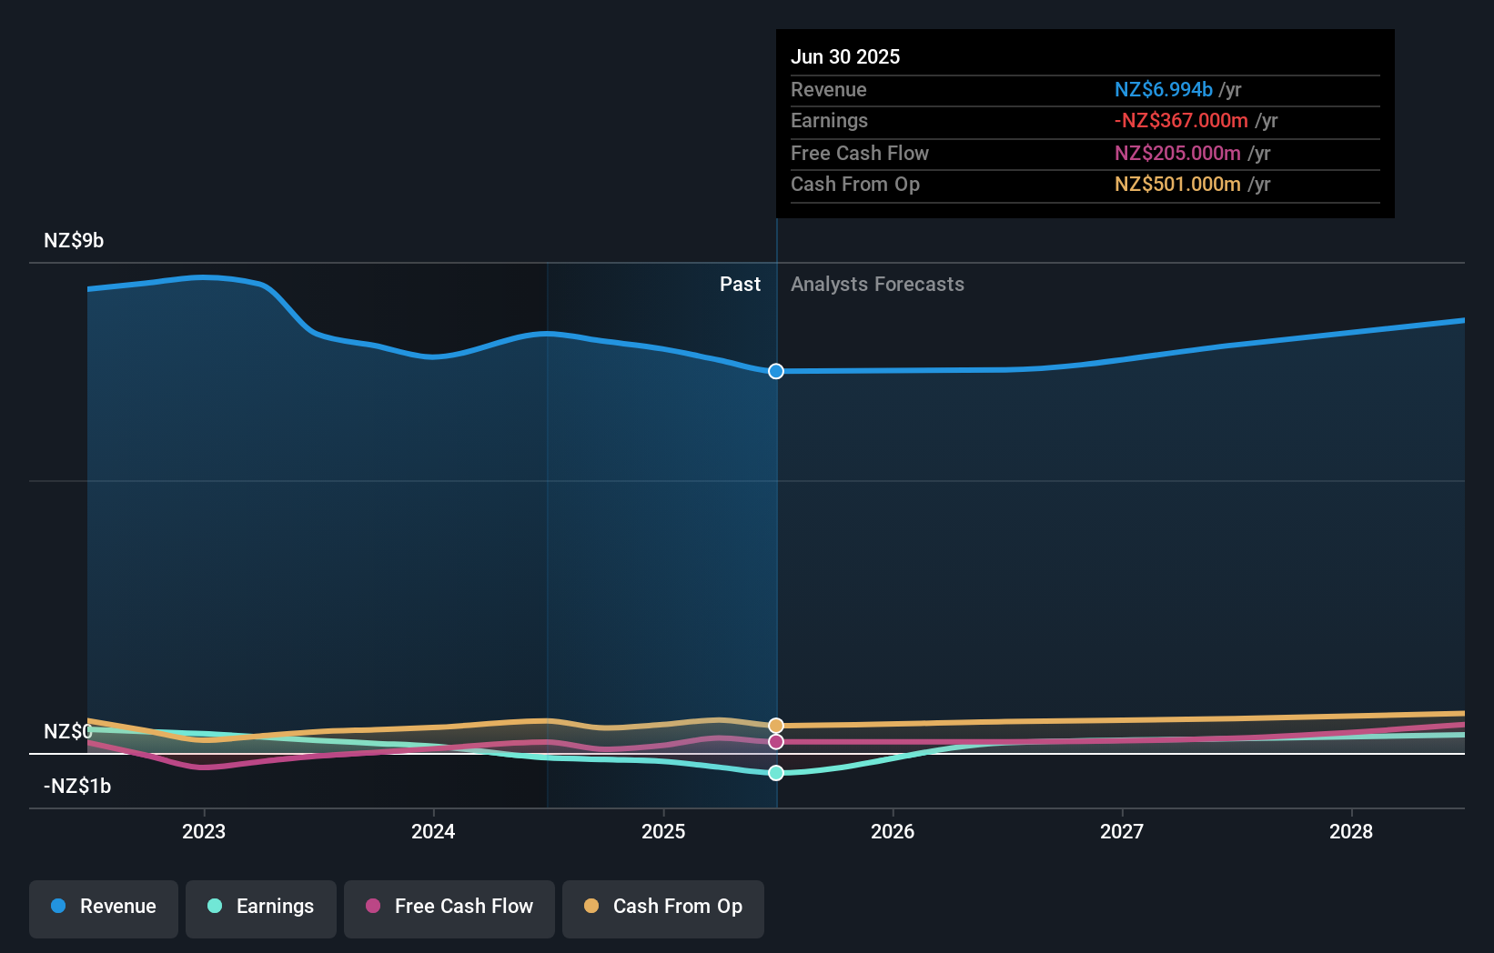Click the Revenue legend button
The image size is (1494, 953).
(x=104, y=908)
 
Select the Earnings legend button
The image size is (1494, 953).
(x=261, y=908)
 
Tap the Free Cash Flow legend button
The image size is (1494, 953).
(x=449, y=908)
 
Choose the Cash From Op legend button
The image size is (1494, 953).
(x=663, y=908)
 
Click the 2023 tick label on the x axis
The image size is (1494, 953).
(x=204, y=832)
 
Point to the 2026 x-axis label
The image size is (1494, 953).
(x=893, y=832)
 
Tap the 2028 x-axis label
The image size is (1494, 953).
(x=1351, y=832)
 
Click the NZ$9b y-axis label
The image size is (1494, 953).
(x=74, y=241)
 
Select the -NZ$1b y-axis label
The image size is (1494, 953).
(x=77, y=787)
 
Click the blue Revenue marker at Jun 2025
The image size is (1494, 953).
(x=776, y=371)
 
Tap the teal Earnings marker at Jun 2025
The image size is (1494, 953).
(x=776, y=773)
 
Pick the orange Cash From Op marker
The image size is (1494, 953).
(x=776, y=726)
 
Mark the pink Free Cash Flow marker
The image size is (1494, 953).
(x=776, y=742)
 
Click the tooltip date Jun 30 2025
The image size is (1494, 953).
(x=845, y=57)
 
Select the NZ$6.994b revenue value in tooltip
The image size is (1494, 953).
(x=1163, y=90)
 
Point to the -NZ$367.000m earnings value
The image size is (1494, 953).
(x=1181, y=121)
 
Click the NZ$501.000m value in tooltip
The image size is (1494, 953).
(x=1177, y=185)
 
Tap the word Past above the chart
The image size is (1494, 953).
(x=740, y=285)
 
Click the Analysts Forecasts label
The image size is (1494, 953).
(x=877, y=285)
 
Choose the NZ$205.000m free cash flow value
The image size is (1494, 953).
(x=1177, y=154)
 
